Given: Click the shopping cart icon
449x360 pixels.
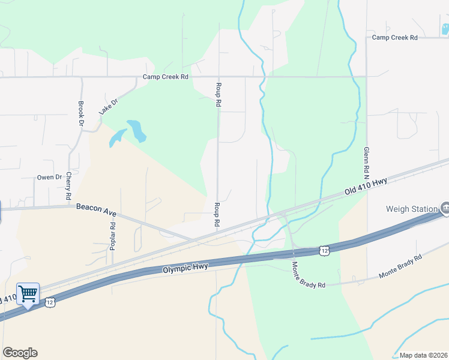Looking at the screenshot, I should (28, 294).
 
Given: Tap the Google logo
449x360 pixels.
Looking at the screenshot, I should (20, 353).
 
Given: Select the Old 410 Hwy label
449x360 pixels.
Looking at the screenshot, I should (366, 185).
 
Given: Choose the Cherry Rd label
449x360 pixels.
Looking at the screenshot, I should (69, 186).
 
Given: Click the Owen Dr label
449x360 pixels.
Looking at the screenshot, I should (50, 177).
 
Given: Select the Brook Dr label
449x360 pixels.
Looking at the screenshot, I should (81, 113).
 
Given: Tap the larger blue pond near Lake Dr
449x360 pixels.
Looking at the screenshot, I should (136, 130).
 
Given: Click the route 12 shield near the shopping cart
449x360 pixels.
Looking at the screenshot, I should (49, 302).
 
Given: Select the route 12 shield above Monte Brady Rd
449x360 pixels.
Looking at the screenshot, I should (324, 249).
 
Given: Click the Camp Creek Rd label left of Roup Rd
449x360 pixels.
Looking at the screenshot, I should (166, 77).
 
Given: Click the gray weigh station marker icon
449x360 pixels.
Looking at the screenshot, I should (445, 208).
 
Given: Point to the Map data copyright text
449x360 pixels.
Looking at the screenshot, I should (423, 355).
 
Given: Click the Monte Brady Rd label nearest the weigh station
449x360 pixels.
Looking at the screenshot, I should (400, 266).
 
